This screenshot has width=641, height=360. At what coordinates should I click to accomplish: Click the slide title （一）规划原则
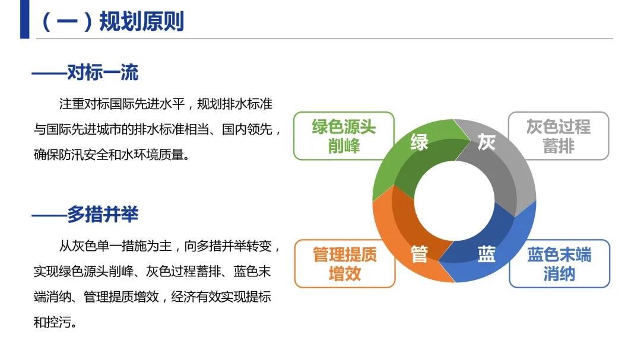(x=113, y=21)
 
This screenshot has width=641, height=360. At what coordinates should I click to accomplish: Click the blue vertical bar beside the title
(x=24, y=19)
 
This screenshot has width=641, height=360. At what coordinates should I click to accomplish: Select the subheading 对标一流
(x=103, y=73)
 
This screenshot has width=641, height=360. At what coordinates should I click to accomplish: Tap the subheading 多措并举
(x=103, y=214)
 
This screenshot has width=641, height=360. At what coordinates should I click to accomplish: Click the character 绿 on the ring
(x=419, y=142)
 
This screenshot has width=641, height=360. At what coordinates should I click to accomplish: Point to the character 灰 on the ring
(x=486, y=142)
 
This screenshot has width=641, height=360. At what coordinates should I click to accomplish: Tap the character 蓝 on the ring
(x=486, y=254)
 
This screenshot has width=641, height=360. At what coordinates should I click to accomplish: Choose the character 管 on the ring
(x=419, y=254)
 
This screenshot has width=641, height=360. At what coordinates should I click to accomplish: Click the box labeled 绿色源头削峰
(x=344, y=136)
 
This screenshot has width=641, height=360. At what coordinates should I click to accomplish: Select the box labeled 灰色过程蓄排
(x=559, y=136)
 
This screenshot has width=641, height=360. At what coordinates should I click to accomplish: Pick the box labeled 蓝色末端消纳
(x=559, y=263)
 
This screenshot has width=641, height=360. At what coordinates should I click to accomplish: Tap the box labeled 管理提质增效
(x=345, y=263)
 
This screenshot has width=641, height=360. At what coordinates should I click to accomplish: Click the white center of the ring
(x=454, y=200)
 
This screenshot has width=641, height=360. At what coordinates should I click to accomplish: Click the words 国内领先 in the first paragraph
(x=247, y=129)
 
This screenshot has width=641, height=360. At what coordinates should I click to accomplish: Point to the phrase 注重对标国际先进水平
(x=122, y=104)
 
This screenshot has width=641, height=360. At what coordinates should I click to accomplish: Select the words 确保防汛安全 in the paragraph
(x=71, y=155)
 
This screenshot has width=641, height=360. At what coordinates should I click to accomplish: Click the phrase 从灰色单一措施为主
(x=115, y=246)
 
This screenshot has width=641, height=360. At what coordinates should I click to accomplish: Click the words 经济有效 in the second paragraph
(x=196, y=297)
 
